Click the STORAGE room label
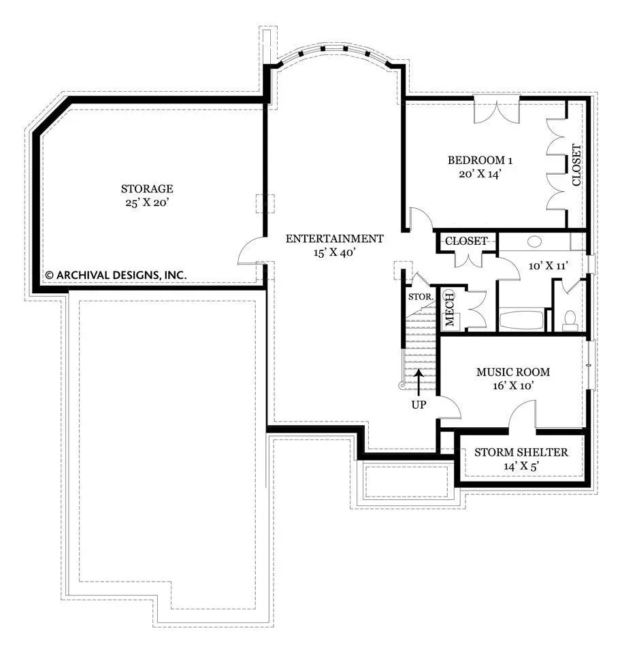147,188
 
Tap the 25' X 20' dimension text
147,203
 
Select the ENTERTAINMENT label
335,239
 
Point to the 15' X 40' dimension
335,252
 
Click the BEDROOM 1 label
480,161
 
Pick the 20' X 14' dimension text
480,174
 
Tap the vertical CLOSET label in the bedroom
576,165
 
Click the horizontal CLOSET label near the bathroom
466,241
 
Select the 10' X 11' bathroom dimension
549,266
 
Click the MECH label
450,309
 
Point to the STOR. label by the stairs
421,297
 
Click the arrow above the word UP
419,382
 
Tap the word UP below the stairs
419,405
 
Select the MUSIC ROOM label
513,372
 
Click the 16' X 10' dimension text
513,386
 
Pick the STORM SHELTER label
521,452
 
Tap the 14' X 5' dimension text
521,466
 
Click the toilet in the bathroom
569,318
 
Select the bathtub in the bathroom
521,320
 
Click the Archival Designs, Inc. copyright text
116,275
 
